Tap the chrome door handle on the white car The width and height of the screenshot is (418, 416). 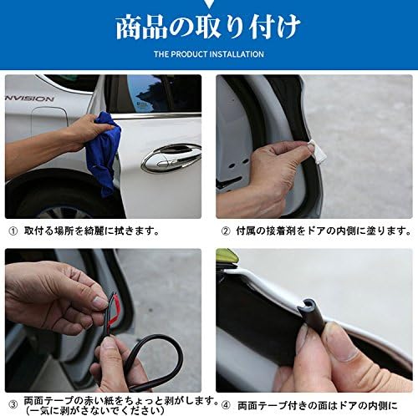point(171,158)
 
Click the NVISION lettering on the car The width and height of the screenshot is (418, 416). point(29,99)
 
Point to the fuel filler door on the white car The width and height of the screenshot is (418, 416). point(48,122)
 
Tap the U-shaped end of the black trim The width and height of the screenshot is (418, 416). point(307,307)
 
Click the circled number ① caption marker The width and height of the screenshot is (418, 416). point(13,231)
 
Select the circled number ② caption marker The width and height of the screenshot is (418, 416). point(226,231)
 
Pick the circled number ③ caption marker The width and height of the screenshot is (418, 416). point(13,404)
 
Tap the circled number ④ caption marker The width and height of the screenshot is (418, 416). point(226,405)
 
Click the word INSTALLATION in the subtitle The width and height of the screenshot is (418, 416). point(237,54)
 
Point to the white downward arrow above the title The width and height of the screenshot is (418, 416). point(208,3)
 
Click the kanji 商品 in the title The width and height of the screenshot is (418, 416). point(141,28)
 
